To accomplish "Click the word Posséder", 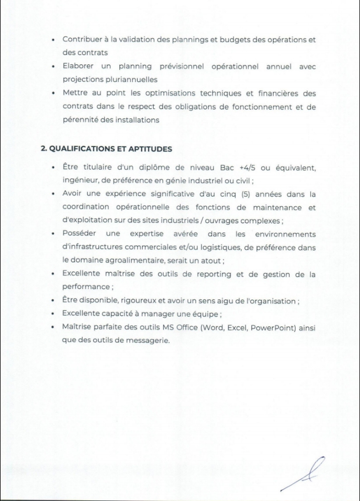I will point(81,233).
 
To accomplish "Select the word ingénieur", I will point(81,181).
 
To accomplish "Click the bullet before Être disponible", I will point(52,301).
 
